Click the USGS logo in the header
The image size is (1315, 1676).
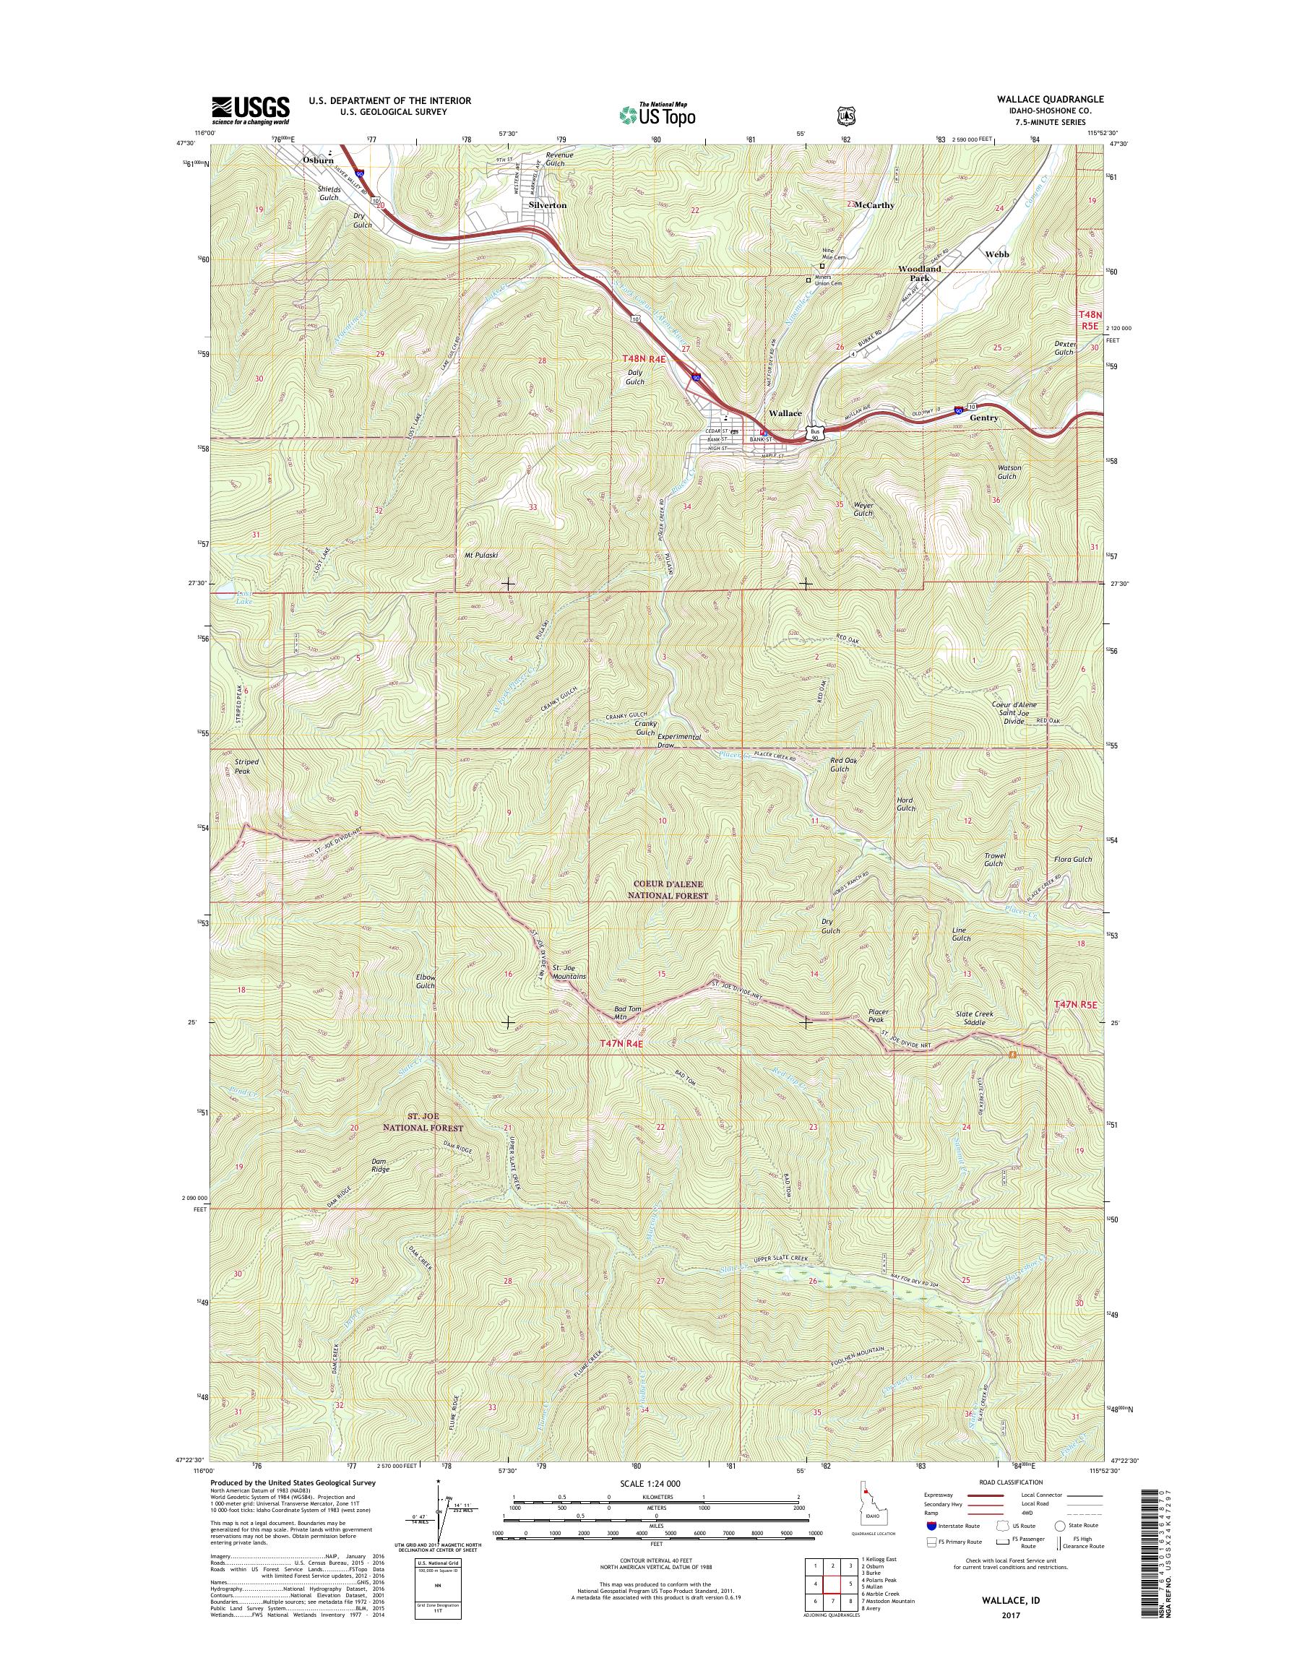pyautogui.click(x=250, y=110)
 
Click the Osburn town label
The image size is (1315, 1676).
pyautogui.click(x=318, y=160)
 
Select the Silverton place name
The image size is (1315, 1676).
pyautogui.click(x=548, y=206)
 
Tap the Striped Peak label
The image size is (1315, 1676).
pyautogui.click(x=246, y=766)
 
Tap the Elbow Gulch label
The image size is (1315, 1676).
pyautogui.click(x=425, y=981)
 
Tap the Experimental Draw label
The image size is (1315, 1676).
pyautogui.click(x=679, y=740)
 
